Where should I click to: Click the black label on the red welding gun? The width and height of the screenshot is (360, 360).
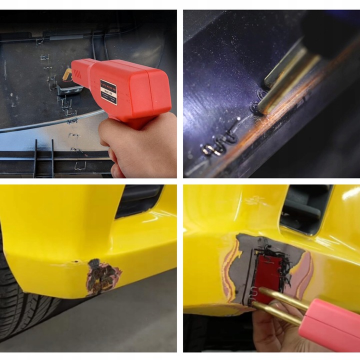tap(109, 91)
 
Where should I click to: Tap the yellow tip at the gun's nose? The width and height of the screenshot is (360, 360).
tap(66, 74)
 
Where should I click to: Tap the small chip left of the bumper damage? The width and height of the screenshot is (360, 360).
tap(75, 260)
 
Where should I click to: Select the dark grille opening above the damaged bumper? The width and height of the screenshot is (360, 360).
tap(140, 200)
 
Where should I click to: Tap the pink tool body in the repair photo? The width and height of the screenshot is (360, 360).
tap(332, 325)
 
